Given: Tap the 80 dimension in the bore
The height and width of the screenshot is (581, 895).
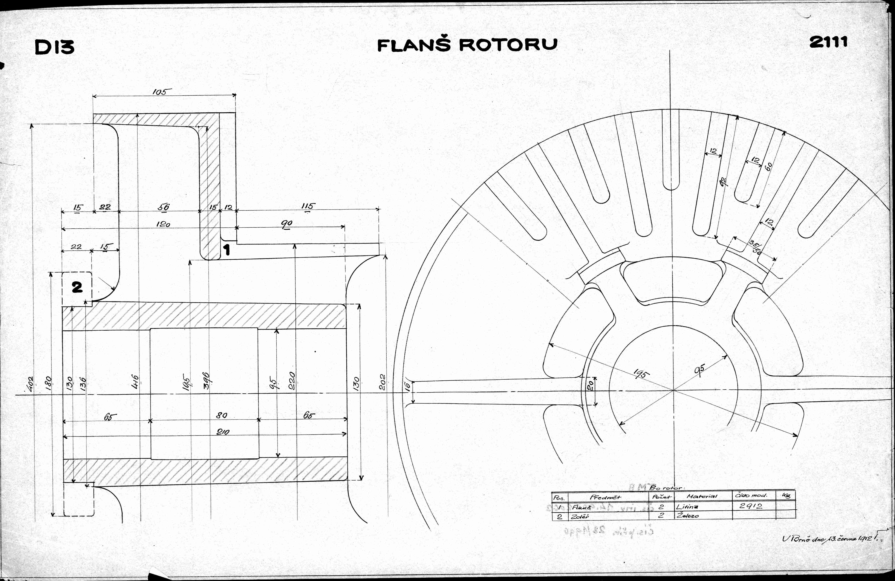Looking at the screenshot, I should (x=222, y=415).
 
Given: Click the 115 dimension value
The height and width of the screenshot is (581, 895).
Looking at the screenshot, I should (x=308, y=206).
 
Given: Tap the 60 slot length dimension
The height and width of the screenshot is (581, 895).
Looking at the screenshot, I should (x=768, y=166).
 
